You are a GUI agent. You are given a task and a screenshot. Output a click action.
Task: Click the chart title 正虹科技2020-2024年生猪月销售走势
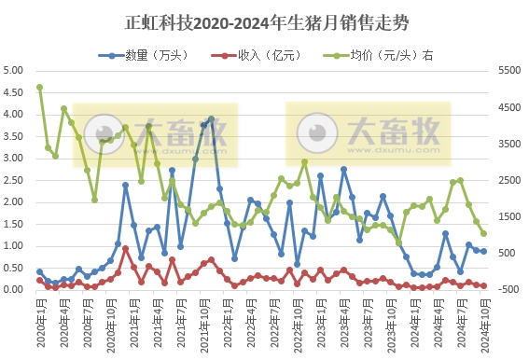(264, 21)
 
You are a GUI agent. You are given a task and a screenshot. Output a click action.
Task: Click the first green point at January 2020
(39, 88)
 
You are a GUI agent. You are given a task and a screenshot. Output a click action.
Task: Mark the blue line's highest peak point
(211, 119)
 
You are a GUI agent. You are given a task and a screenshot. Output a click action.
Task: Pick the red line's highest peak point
(125, 248)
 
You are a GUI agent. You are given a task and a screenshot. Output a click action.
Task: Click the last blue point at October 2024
(483, 251)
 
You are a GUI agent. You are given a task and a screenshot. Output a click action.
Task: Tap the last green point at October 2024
(483, 233)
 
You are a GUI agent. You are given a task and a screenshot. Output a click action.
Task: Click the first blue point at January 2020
(39, 271)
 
